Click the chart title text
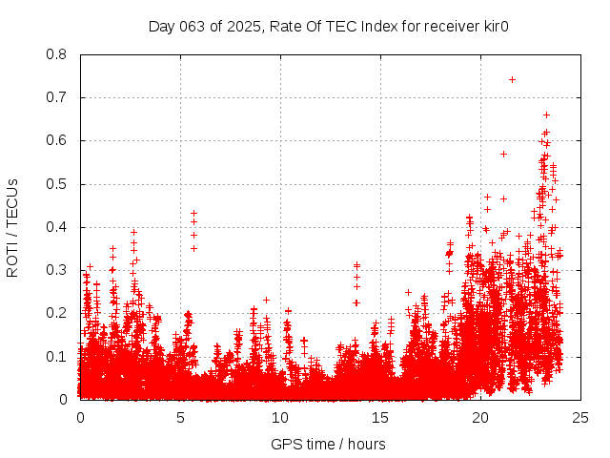[x=329, y=26]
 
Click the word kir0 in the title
[x=494, y=26]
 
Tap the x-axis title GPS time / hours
[x=328, y=444]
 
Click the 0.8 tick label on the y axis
[x=57, y=54]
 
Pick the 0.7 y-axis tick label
[x=57, y=97]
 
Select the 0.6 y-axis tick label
[x=57, y=140]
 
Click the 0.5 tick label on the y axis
[x=57, y=183]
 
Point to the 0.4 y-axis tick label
[x=57, y=227]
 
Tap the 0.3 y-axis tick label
[x=57, y=270]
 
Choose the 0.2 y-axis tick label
[x=57, y=313]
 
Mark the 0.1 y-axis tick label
[x=57, y=356]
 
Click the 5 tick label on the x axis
[x=180, y=418]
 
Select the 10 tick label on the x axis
[x=280, y=418]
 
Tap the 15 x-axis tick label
[x=380, y=418]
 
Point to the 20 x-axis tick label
[x=480, y=418]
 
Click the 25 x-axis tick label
[x=580, y=418]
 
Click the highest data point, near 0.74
[x=512, y=79]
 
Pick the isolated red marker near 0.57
[x=504, y=154]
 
